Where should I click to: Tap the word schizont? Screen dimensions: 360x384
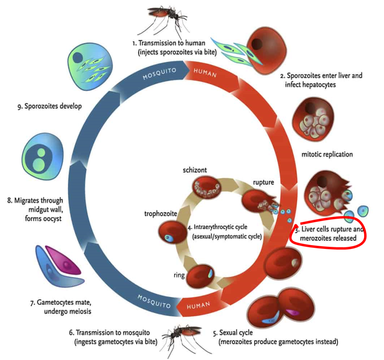[195, 170]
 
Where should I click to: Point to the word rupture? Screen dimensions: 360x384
[263, 183]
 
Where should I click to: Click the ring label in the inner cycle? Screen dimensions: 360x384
[179, 276]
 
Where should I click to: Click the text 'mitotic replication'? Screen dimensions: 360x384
[327, 154]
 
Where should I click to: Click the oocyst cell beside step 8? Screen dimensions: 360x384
[42, 157]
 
